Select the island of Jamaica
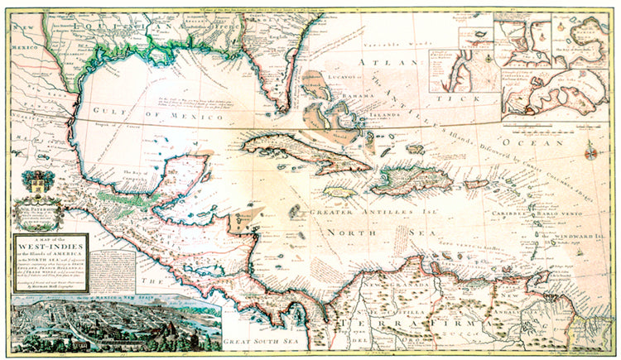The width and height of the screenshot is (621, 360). coord(340,190)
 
